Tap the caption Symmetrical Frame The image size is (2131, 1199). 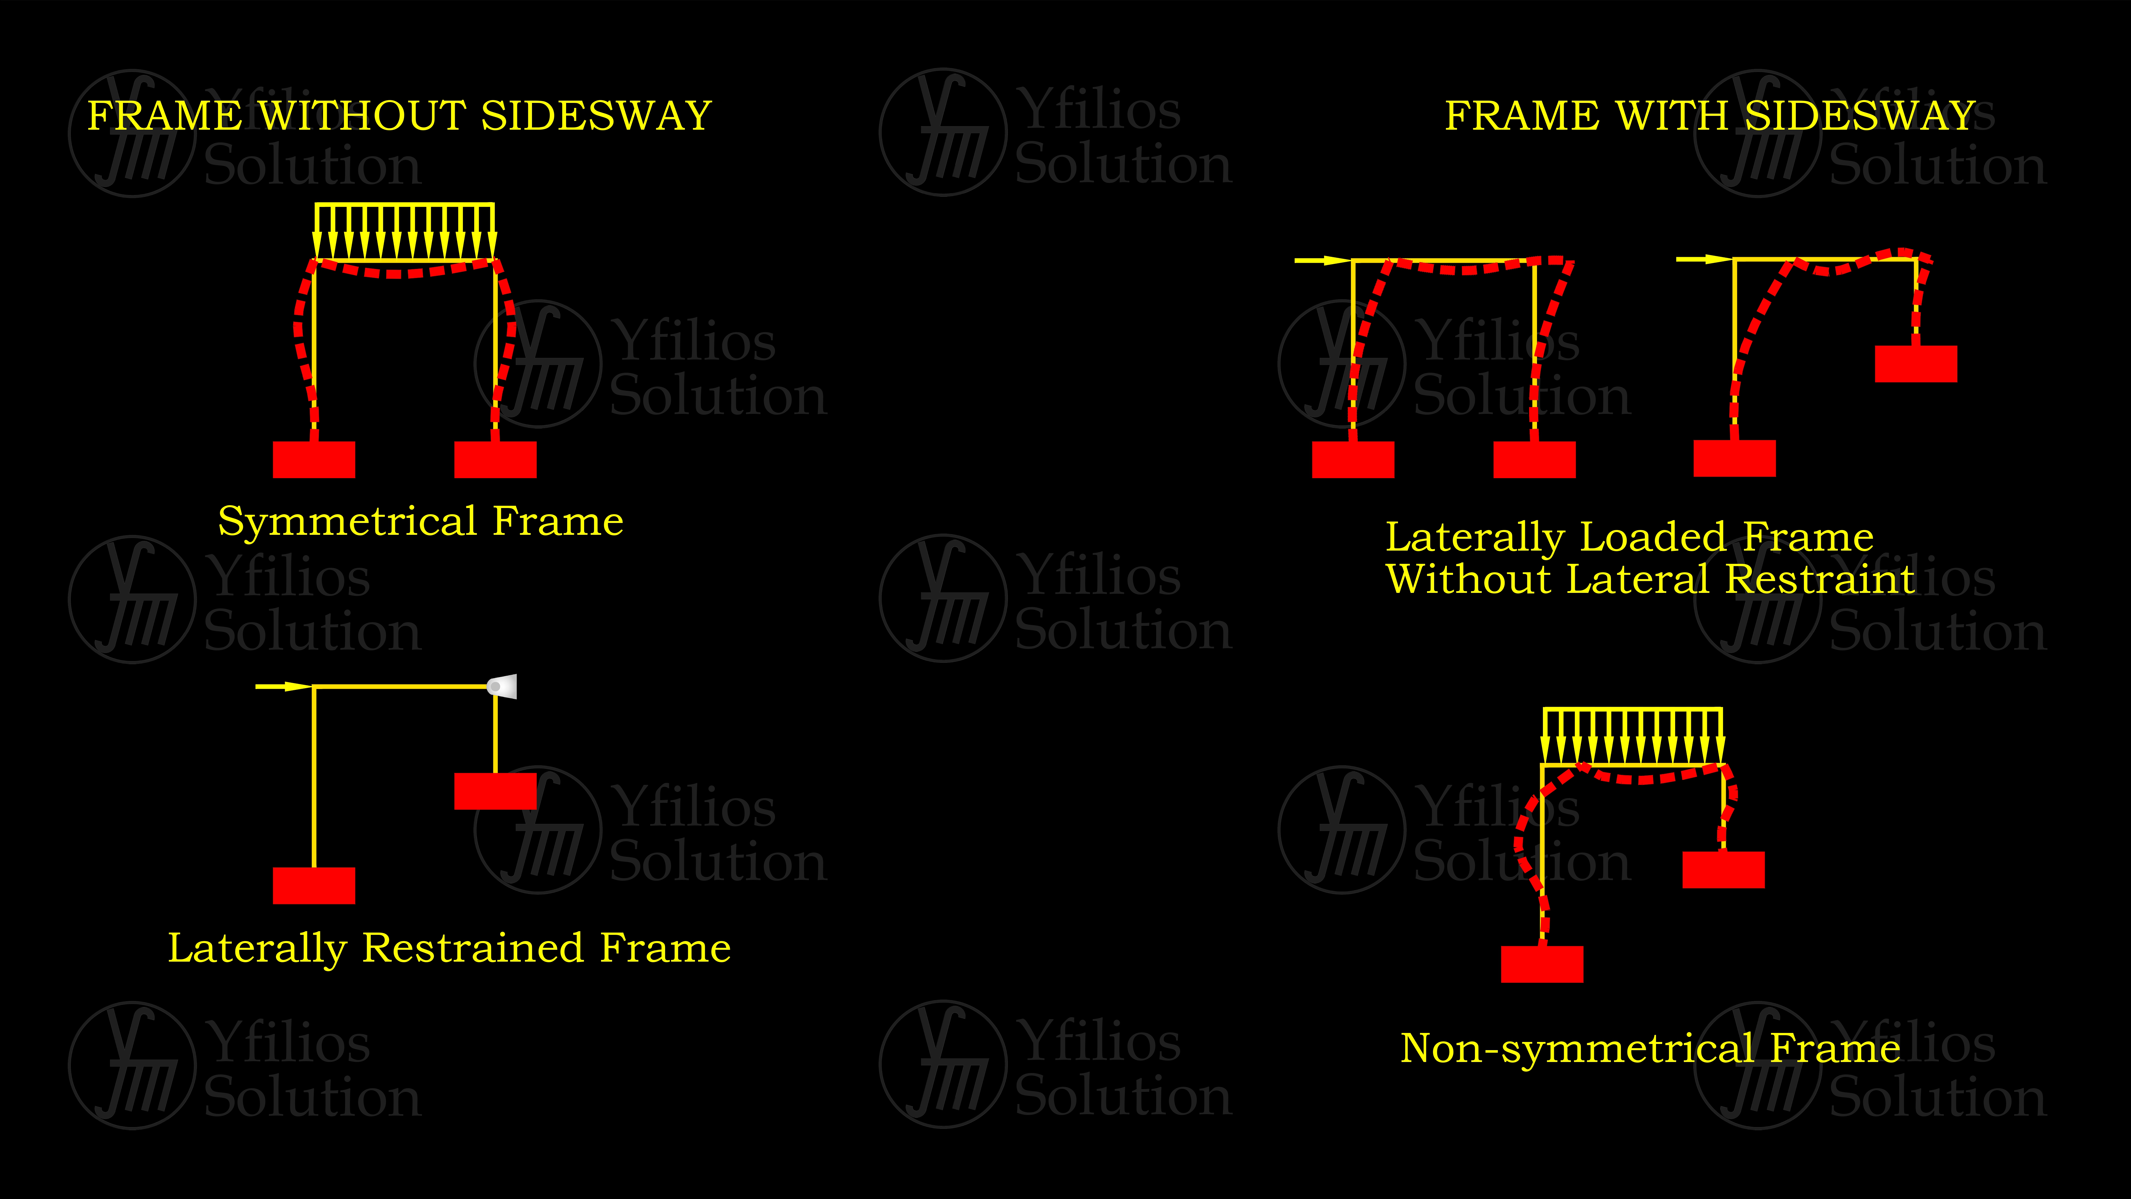420,521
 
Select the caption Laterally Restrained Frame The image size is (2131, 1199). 449,948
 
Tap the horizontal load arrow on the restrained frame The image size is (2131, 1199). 283,687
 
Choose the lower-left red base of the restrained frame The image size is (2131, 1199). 314,886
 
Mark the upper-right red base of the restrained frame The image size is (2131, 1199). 496,791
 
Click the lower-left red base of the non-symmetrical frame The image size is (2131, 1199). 1542,964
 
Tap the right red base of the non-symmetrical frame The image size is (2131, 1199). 1723,870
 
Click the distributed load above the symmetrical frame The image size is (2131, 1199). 405,232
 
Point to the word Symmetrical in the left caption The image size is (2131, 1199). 347,521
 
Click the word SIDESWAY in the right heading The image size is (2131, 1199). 1860,116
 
